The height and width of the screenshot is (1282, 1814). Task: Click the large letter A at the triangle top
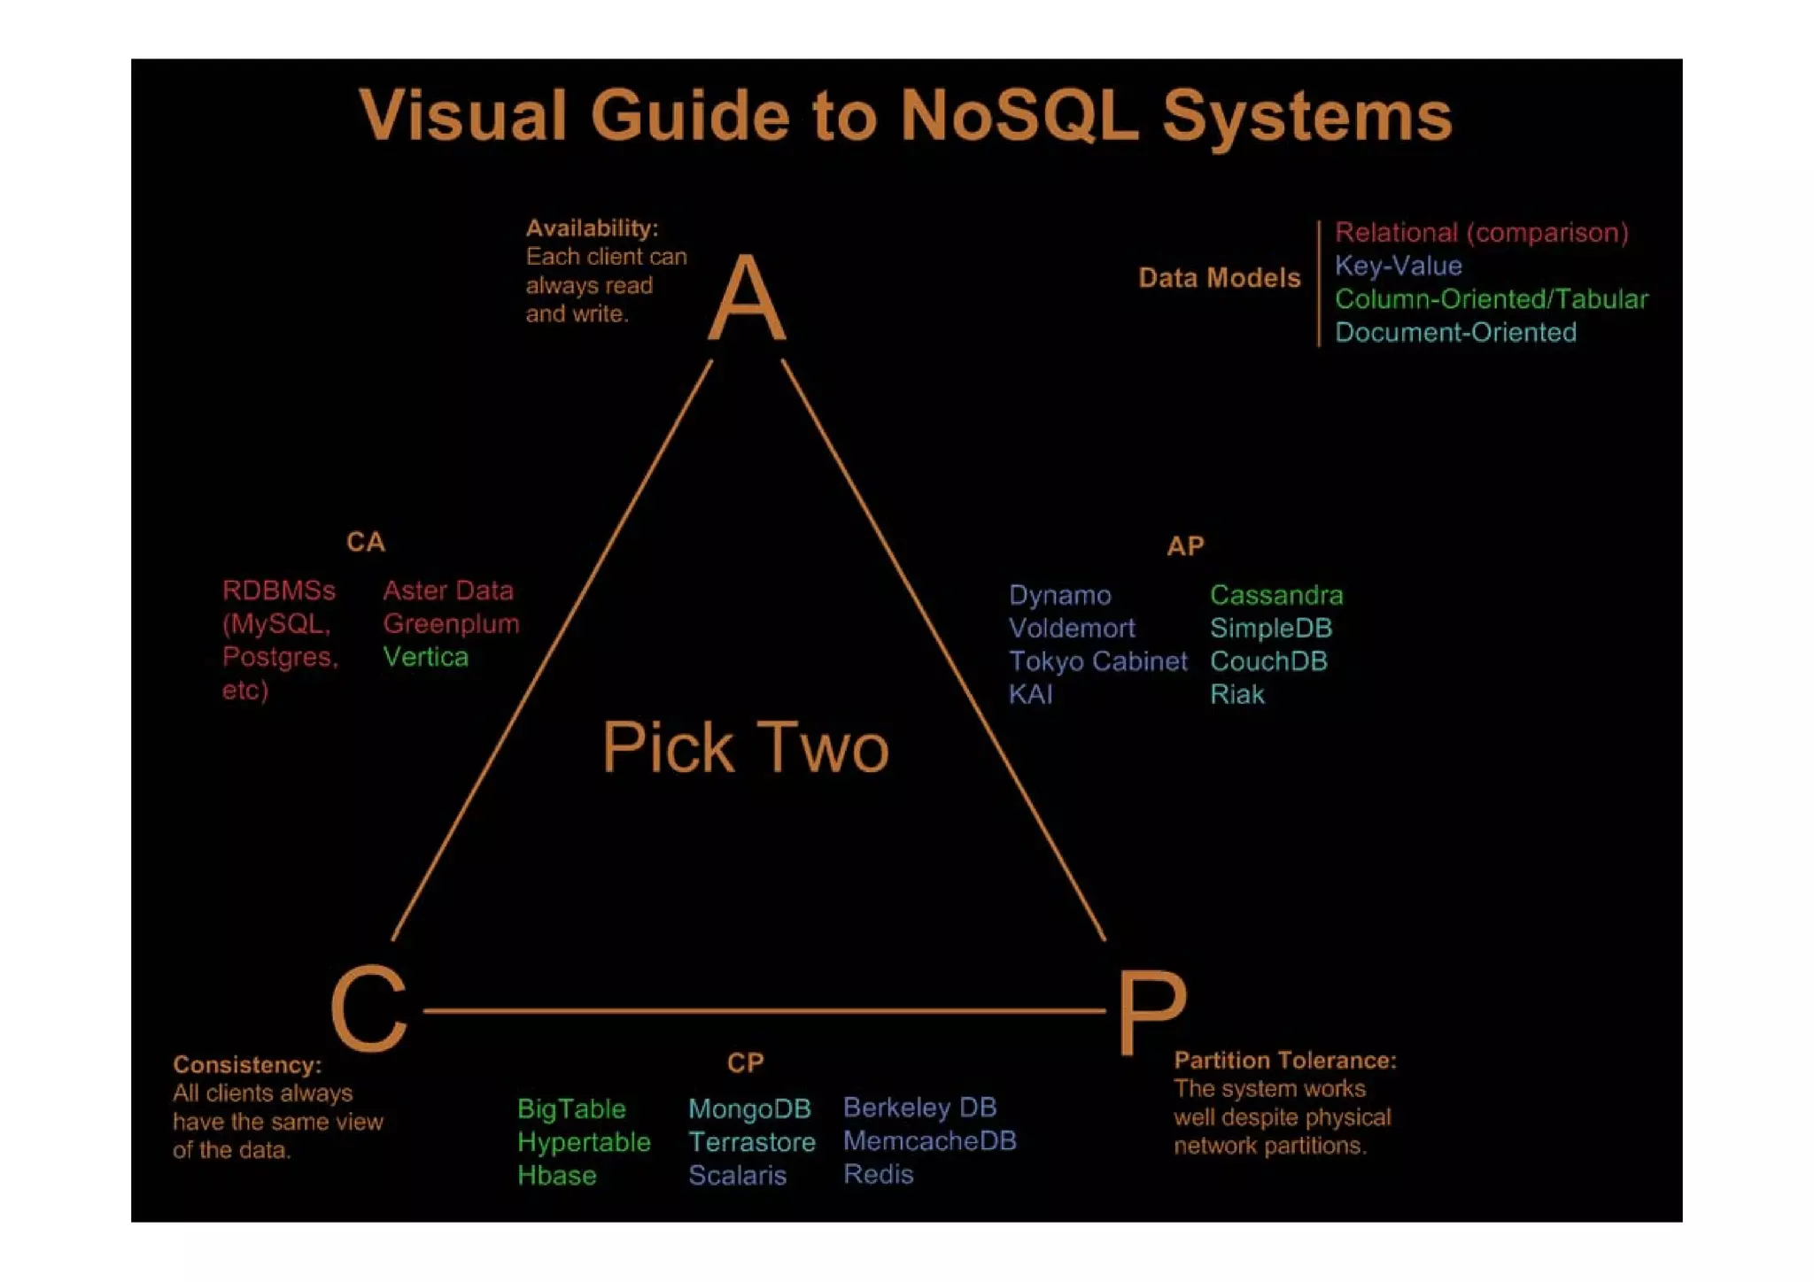(x=747, y=298)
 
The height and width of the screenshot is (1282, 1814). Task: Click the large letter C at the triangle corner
(x=368, y=1008)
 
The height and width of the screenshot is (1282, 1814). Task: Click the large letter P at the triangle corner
(x=1151, y=1011)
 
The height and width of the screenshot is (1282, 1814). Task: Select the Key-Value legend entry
(x=1398, y=266)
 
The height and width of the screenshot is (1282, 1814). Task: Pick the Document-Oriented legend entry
(x=1455, y=333)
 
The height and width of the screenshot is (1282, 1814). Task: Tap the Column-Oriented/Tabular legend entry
(x=1491, y=299)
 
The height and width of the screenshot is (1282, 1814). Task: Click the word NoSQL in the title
(x=1019, y=116)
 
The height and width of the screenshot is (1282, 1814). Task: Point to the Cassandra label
(x=1275, y=595)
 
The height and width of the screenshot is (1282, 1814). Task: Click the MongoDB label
(x=749, y=1108)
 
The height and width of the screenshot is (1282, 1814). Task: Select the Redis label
(x=878, y=1174)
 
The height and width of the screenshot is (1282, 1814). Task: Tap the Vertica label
(x=425, y=657)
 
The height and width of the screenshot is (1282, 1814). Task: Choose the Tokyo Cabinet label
(x=1097, y=661)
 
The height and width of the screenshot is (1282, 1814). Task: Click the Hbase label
(x=556, y=1176)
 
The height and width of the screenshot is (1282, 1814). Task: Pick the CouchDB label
(x=1268, y=661)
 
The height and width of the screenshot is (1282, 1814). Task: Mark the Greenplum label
(x=451, y=624)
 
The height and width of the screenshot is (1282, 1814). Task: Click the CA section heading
(x=365, y=542)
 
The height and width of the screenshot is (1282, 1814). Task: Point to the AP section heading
(x=1185, y=546)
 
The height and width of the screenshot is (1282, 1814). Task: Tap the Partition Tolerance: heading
(x=1284, y=1061)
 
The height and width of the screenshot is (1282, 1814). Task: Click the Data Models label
(x=1219, y=278)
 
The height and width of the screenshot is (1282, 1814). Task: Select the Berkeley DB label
(x=919, y=1108)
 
